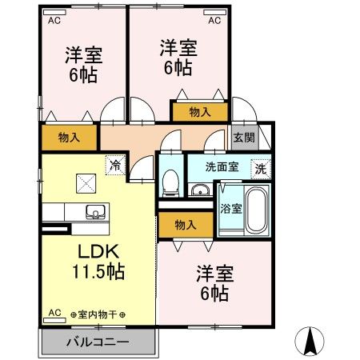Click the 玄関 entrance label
pos(243,137)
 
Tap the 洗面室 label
pos(222,168)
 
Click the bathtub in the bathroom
pos(255,210)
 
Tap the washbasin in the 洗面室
pos(198,190)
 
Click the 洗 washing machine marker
pos(260,169)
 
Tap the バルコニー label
pos(97,342)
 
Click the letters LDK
pos(99,250)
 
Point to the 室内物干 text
pos(98,314)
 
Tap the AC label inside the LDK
pos(55,313)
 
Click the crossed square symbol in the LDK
pos(83,184)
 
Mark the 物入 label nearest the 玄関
pos(200,113)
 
